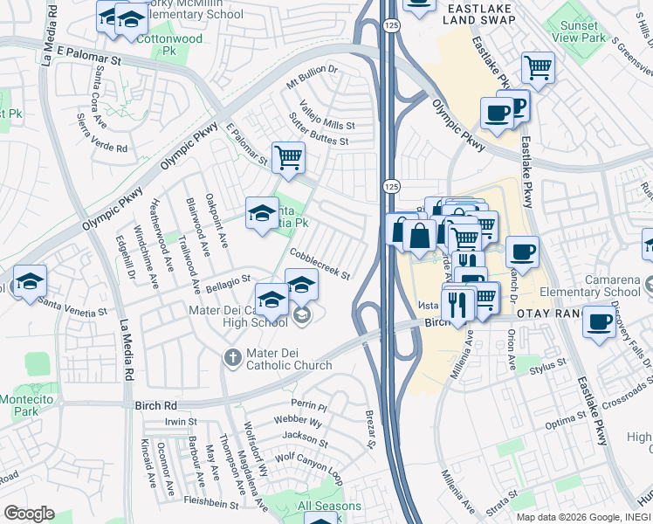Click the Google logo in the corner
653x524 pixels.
(x=29, y=514)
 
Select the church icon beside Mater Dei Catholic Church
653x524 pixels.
(x=231, y=357)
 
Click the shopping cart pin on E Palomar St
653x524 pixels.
(x=288, y=158)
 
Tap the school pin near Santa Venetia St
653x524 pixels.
(x=29, y=280)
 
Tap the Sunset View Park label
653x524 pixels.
(x=580, y=32)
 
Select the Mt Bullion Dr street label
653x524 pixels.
(x=312, y=77)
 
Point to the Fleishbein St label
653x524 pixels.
(x=211, y=503)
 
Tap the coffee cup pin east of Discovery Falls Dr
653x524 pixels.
(x=600, y=321)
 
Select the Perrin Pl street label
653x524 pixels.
(x=309, y=406)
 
